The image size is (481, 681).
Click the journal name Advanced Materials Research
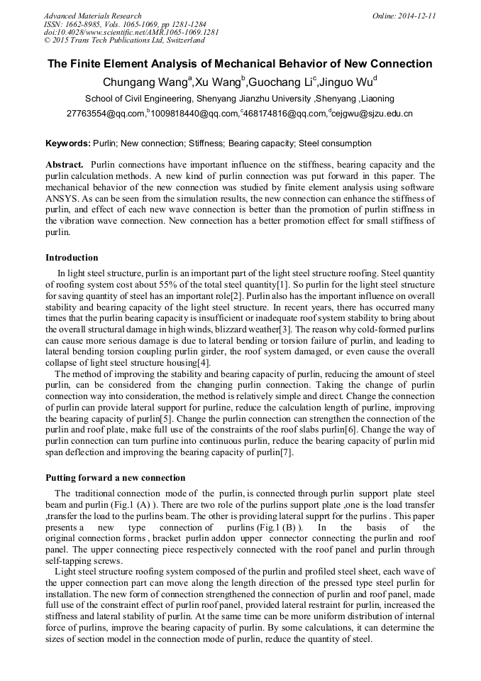coord(92,16)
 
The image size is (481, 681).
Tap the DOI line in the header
coord(121,33)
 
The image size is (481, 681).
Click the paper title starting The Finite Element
coord(240,64)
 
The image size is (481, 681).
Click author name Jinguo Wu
coord(350,82)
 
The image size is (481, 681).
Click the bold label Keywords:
coord(68,143)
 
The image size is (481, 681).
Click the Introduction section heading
coord(72,258)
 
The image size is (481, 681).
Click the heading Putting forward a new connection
coord(115,478)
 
